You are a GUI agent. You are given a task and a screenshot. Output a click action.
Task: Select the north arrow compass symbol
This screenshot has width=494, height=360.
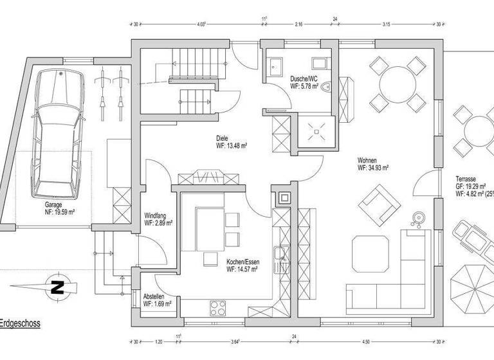tap(57, 286)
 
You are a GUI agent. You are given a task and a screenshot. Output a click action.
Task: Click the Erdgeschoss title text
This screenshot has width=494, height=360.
tap(20, 325)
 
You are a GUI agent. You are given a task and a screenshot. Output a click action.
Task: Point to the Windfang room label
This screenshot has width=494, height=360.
tap(158, 219)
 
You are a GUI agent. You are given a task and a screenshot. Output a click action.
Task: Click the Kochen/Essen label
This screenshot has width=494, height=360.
tap(242, 266)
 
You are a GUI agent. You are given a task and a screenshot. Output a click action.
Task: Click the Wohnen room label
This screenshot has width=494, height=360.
tap(373, 164)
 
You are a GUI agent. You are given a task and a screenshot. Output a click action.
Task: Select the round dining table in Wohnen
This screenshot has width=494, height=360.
tap(397, 82)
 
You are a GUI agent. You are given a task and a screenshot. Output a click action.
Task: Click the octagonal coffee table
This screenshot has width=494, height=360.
tap(371, 253)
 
